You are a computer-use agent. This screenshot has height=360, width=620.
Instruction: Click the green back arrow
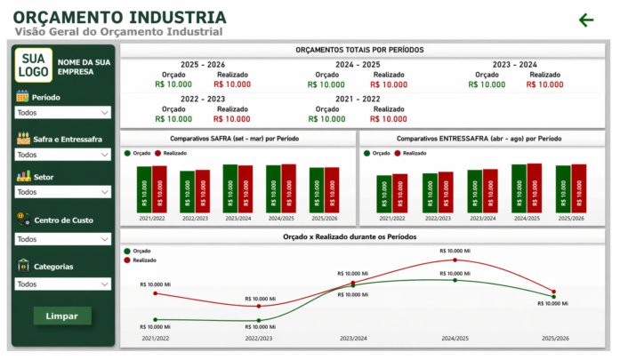coord(585,20)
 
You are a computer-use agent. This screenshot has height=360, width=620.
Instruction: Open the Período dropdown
coord(63,113)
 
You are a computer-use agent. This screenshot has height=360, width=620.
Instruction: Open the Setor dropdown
coord(63,192)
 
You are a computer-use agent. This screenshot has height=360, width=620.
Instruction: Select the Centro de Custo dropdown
coord(63,239)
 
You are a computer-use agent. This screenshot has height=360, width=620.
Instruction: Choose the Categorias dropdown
coord(63,284)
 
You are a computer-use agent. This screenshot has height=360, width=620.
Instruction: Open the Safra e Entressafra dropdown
coord(63,155)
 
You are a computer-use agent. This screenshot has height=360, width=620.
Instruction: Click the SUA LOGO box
coord(35,64)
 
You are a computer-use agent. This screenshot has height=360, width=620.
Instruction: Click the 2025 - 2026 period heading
coord(203,65)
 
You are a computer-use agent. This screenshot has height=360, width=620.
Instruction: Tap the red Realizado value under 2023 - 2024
coord(544,85)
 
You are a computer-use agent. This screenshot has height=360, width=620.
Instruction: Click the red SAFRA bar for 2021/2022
coord(159,188)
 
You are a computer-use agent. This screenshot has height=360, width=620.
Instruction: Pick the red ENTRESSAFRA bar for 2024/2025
coord(534,187)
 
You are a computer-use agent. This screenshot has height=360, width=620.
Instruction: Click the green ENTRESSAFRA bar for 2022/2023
coord(431,191)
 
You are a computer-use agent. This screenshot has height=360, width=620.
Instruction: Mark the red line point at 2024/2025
coord(455,260)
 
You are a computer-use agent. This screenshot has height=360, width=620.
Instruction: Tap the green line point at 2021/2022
coord(156,319)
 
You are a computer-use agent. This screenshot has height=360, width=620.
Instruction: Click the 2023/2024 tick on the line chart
coord(352,339)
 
